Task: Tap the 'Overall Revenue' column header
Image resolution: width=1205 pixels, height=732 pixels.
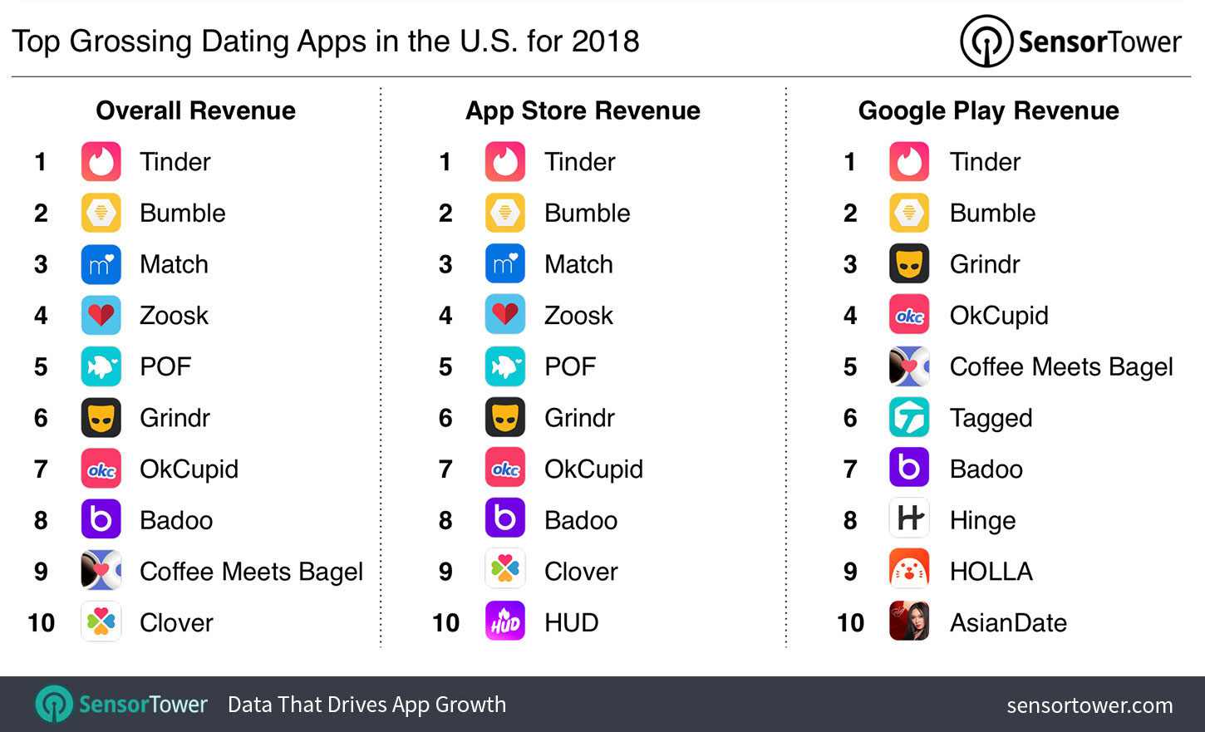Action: (x=195, y=111)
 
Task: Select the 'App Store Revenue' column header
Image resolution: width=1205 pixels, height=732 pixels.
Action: (x=583, y=111)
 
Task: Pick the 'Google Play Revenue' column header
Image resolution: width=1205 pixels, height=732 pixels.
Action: (x=988, y=111)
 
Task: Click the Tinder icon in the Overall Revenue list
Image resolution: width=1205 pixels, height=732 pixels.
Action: (x=101, y=162)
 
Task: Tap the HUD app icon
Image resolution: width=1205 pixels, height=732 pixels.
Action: (x=505, y=622)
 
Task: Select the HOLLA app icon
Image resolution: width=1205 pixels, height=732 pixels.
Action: (x=909, y=571)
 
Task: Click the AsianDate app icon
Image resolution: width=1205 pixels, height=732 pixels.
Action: (x=909, y=622)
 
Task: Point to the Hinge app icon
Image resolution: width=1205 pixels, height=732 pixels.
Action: (x=909, y=519)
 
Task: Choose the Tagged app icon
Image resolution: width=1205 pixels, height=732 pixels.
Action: (x=909, y=417)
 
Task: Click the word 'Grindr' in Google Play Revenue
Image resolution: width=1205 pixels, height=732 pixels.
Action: (x=984, y=264)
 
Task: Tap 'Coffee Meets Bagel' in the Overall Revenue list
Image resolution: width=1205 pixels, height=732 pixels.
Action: (x=251, y=572)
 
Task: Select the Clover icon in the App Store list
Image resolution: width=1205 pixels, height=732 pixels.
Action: (x=505, y=571)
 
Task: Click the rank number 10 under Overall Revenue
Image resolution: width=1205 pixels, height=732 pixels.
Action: (x=41, y=622)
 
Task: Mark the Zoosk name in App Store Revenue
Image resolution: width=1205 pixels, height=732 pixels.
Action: (x=578, y=316)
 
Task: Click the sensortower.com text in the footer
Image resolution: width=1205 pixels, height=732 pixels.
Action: (x=1089, y=705)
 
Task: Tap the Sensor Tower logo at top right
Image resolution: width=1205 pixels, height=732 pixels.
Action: (x=1070, y=42)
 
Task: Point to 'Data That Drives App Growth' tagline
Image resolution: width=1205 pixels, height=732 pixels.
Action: (x=366, y=705)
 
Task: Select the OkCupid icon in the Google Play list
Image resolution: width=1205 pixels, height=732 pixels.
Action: (x=909, y=315)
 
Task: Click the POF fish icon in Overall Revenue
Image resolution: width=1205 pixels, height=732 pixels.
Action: (x=101, y=366)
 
